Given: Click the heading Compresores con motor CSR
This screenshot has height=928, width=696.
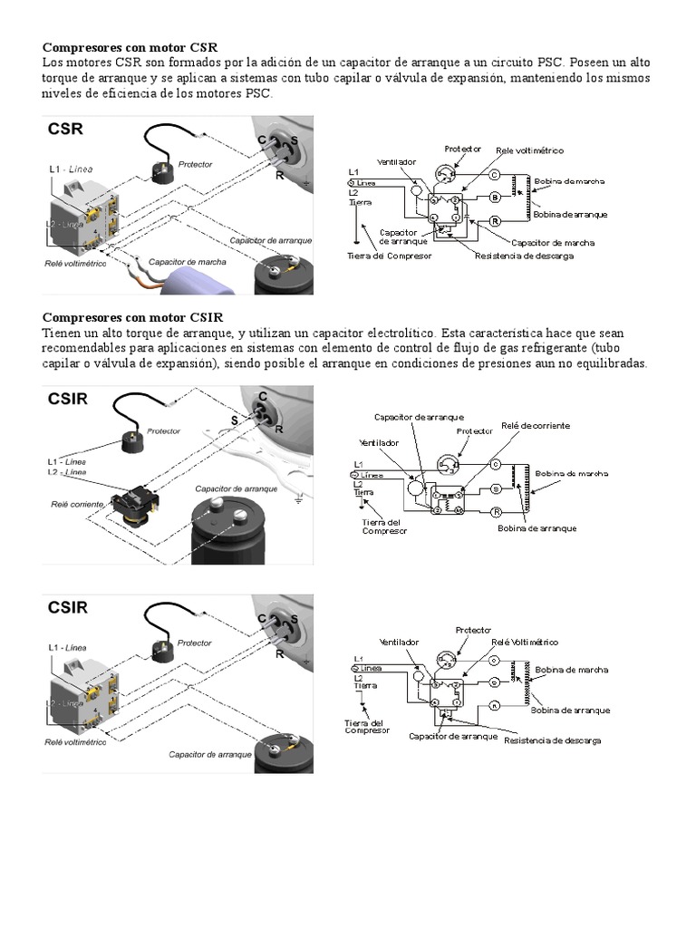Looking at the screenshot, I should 130,46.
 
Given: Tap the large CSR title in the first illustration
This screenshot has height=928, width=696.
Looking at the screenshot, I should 65,130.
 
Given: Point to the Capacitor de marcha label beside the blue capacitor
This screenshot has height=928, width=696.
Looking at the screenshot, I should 188,261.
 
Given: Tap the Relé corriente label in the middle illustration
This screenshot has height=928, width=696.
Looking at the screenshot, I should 76,503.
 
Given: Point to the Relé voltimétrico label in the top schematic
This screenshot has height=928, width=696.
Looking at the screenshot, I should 528,150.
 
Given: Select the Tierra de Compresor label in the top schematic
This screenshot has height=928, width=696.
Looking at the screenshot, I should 390,256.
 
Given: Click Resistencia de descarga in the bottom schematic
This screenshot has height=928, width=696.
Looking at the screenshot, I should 552,740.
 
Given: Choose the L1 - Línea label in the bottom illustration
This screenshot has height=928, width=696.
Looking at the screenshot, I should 68,648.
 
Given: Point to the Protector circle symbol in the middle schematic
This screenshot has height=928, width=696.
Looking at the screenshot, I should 448,464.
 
